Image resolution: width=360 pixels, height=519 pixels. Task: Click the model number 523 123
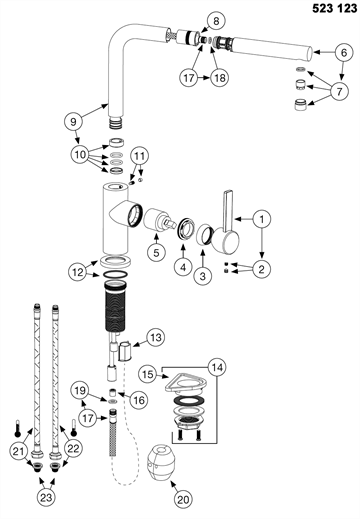coord(334,8)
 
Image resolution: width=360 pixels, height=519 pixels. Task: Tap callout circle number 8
coord(216,21)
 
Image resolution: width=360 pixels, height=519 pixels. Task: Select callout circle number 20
coord(183,499)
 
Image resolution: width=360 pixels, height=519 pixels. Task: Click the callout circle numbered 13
coord(156,337)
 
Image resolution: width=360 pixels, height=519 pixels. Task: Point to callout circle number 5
coord(157,252)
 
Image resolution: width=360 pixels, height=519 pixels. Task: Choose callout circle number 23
coord(46,497)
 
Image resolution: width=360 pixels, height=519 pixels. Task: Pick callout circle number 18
coord(219,78)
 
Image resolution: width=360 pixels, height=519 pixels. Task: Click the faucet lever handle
coord(226,227)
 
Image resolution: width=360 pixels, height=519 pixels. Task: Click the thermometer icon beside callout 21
coord(16,428)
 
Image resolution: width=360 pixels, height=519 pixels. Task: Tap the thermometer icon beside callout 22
coord(74,428)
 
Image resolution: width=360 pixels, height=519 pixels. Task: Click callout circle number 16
coord(139,400)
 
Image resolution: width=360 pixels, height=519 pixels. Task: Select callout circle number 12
coord(78,272)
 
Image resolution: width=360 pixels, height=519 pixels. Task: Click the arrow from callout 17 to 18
coord(204,78)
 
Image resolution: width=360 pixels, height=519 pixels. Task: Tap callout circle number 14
coord(217,367)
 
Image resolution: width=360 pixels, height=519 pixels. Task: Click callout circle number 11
coord(140,156)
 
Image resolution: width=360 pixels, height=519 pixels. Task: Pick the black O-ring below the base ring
coord(115,274)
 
